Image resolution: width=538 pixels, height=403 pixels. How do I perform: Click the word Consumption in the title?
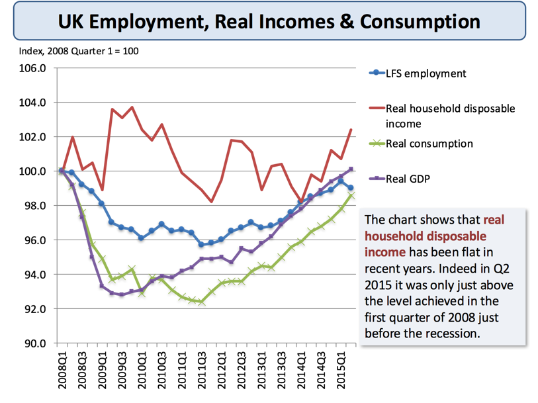coord(417,21)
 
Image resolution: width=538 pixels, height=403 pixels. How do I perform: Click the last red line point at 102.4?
coord(351,130)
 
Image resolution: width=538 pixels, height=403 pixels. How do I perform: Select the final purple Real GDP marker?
coord(351,169)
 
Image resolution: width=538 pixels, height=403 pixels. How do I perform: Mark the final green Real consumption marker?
coord(351,195)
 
